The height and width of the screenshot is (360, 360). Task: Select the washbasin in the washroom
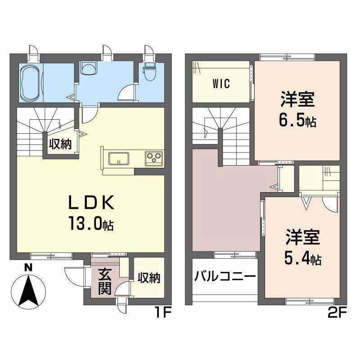89,67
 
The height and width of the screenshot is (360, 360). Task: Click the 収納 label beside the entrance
148,278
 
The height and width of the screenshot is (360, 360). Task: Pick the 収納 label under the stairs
60,144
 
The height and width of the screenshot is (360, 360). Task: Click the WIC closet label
221,84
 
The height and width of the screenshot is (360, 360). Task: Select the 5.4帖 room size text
302,259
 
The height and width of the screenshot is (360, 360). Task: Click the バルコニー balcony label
225,276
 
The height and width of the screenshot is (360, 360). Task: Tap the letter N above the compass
28,266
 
